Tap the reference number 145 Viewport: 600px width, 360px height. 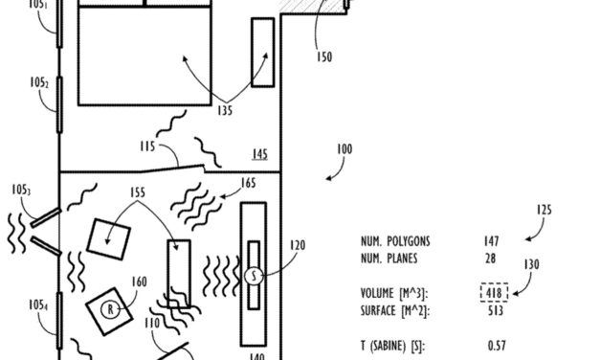(x=260, y=154)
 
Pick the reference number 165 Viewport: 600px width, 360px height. (x=248, y=182)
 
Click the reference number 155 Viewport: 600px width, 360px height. (x=138, y=192)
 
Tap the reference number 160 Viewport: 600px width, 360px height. (x=140, y=281)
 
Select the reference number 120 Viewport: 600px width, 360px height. (x=298, y=245)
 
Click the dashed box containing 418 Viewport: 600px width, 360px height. (x=495, y=293)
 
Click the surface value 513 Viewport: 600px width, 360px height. (x=496, y=310)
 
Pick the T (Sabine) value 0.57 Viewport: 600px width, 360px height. (x=497, y=346)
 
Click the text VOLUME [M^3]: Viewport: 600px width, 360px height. (x=393, y=293)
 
